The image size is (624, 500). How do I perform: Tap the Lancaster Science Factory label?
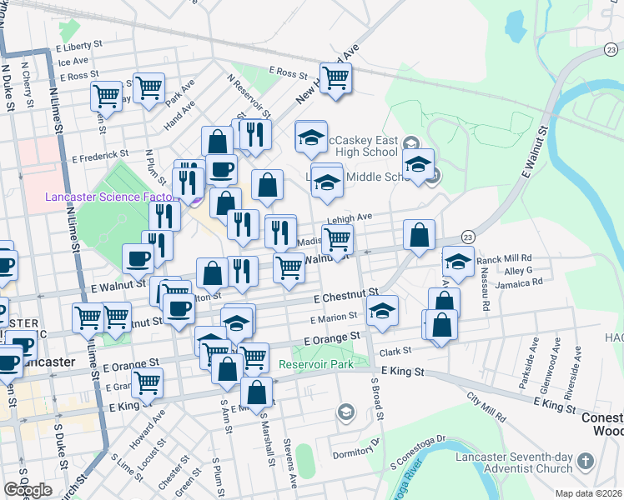110,197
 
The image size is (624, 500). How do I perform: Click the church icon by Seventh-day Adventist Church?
586,461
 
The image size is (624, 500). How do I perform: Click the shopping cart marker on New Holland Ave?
335,78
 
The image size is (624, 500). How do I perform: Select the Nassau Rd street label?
485,288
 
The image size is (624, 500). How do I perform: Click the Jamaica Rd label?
519,282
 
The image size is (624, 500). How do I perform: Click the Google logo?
28,490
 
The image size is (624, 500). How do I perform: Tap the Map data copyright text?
590,492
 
